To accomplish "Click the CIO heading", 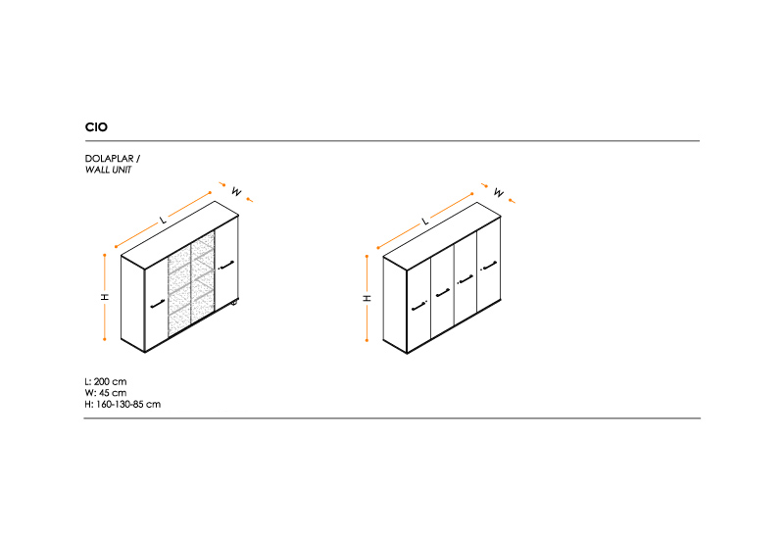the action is pos(96,127).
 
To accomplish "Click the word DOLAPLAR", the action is pos(110,159).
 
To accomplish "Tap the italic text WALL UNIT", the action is pos(108,170).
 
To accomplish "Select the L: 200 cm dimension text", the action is pos(106,381).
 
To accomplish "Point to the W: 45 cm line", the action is pos(106,393).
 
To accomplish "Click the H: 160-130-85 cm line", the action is pos(122,405).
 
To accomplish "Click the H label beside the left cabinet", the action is pos(105,297).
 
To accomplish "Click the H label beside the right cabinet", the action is pos(367,298).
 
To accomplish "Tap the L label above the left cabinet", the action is pos(163,220).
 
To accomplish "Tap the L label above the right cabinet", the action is pos(425,221).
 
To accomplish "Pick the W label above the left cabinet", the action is pos(236,191).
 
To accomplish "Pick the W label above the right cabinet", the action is pos(499,192).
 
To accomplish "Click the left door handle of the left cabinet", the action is pos(157,304).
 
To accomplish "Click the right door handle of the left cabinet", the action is pos(226,265).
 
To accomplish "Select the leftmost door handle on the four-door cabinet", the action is pos(419,306).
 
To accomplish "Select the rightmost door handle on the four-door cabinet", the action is pos(488,266).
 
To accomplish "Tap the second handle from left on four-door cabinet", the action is pos(443,293).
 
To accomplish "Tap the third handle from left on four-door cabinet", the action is pos(465,279).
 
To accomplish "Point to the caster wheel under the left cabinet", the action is pos(234,302).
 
